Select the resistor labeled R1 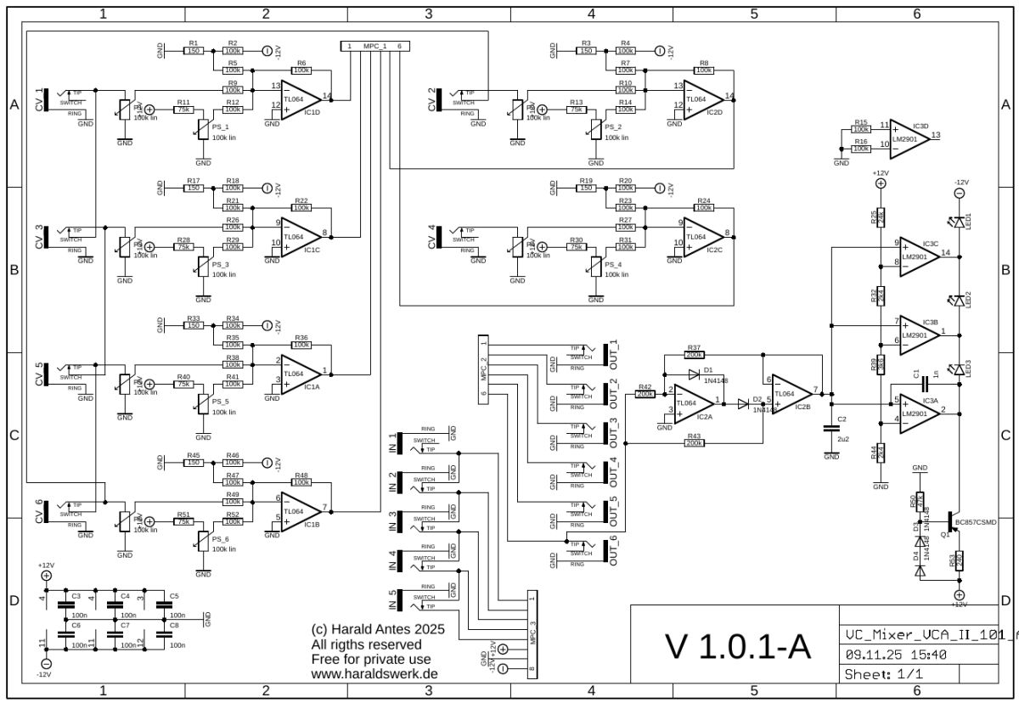(x=194, y=51)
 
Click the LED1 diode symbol (x=960, y=222)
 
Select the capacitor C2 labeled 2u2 (x=830, y=430)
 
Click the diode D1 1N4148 (x=695, y=372)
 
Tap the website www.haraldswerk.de (x=374, y=673)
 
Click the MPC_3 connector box (x=532, y=635)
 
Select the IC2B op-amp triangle (x=789, y=392)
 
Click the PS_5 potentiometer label (x=221, y=402)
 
